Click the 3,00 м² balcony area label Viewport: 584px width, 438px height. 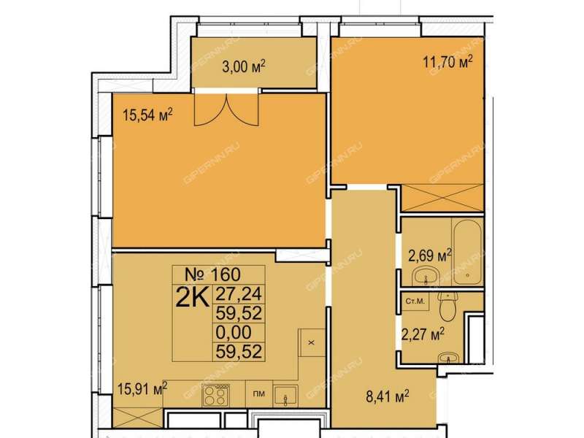[x=244, y=67]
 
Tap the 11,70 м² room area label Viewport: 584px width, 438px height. [x=447, y=61]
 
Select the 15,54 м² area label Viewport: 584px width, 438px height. [x=147, y=115]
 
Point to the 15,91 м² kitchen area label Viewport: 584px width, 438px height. [x=142, y=389]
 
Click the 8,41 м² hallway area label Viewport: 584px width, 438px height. [x=388, y=396]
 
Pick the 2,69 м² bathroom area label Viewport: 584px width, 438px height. [x=430, y=255]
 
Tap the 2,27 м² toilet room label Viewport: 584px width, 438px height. [x=423, y=334]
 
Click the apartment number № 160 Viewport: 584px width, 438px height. [x=213, y=274]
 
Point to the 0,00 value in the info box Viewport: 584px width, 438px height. [x=234, y=332]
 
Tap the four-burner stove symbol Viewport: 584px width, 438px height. [x=215, y=395]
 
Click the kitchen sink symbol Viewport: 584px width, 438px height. [x=285, y=396]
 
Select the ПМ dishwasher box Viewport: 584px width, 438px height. [x=259, y=393]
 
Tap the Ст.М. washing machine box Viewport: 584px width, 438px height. [x=415, y=301]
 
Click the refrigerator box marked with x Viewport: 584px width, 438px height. [x=312, y=342]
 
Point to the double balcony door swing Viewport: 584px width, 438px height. [x=226, y=109]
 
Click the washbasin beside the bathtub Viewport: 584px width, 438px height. [x=426, y=277]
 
